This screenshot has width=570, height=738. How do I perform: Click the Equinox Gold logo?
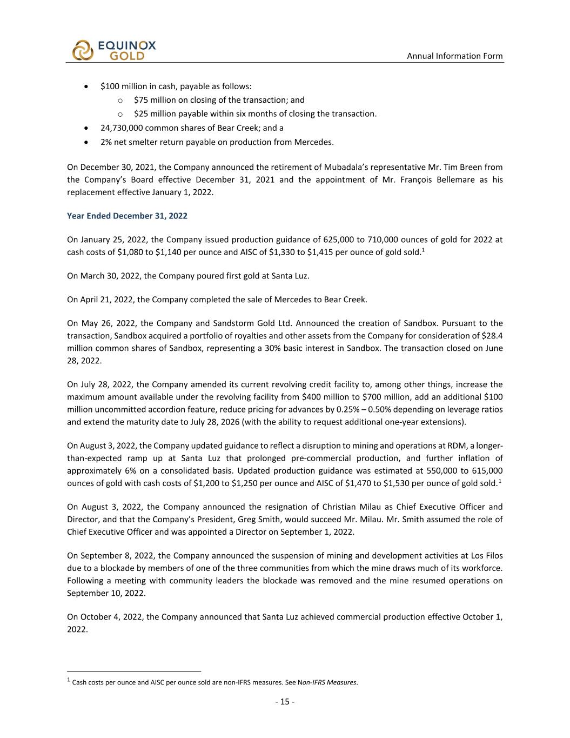click(x=114, y=50)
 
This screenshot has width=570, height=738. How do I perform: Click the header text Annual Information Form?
click(x=454, y=56)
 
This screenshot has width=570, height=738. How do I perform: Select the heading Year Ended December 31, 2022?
click(x=127, y=216)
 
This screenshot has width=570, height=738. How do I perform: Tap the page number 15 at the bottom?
click(x=285, y=702)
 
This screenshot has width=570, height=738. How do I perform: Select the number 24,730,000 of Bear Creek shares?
click(x=123, y=128)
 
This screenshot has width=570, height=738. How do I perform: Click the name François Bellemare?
click(x=432, y=179)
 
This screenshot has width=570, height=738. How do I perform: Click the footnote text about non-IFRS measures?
click(x=215, y=682)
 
